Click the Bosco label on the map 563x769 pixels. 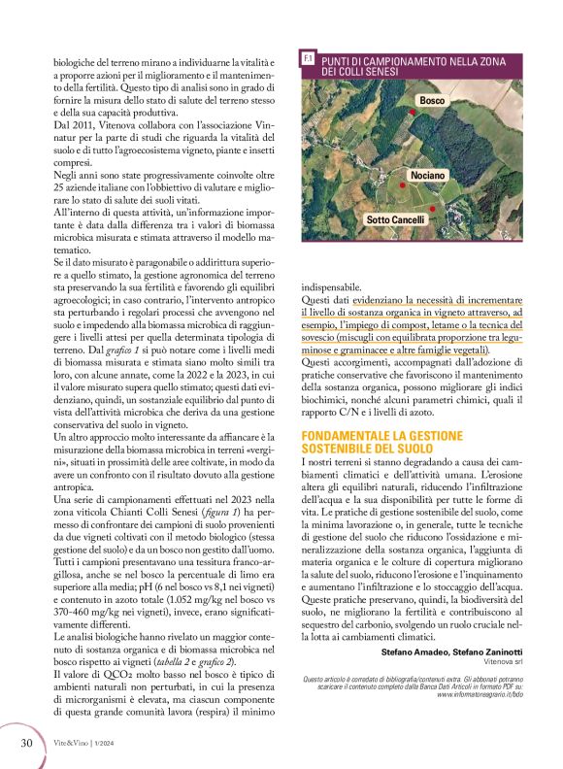pyautogui.click(x=431, y=101)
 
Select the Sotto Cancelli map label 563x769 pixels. pyautogui.click(x=395, y=220)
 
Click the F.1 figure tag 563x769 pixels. pyautogui.click(x=308, y=59)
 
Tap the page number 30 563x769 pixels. pyautogui.click(x=27, y=742)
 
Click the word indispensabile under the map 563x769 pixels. pyautogui.click(x=331, y=287)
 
